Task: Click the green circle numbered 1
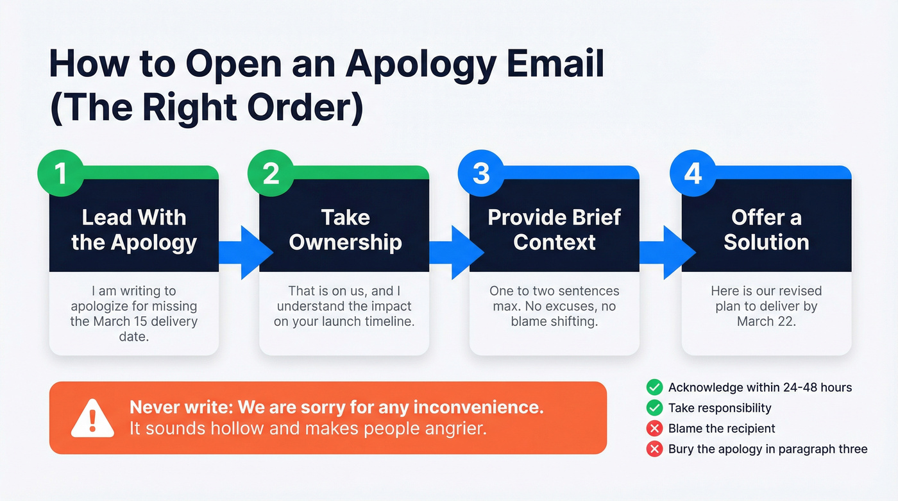coord(60,173)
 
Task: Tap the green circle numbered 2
coord(271,173)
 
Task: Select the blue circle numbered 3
coord(481,173)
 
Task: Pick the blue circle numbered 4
coord(693,173)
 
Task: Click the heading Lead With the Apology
coord(133,230)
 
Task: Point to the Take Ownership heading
coord(345,230)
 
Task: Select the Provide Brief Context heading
coord(554,230)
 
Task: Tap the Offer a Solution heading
coord(766,230)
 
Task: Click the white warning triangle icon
coord(92,418)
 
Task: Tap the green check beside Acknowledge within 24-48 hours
coord(654,387)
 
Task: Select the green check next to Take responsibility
coord(654,407)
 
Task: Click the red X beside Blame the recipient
coord(654,428)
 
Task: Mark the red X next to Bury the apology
coord(654,449)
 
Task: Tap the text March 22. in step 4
coord(766,321)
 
